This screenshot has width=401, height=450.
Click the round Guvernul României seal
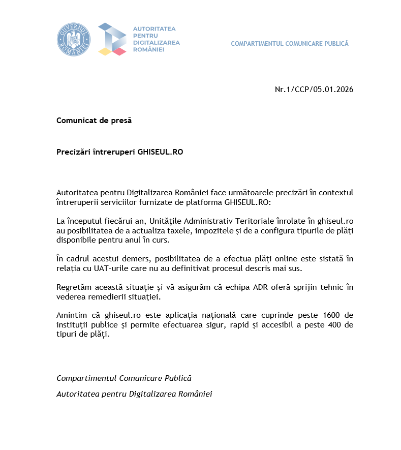(x=73, y=39)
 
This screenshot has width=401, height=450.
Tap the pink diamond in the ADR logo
(x=119, y=51)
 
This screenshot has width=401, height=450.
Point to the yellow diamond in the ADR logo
(x=105, y=51)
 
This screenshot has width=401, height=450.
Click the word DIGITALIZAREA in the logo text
(x=156, y=43)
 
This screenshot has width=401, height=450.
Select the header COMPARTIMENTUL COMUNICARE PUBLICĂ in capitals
(x=290, y=44)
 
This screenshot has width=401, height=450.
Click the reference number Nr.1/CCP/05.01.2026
(x=314, y=89)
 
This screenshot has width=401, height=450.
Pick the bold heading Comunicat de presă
(x=94, y=121)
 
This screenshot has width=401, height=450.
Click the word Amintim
(x=71, y=316)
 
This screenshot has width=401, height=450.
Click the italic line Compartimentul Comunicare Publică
(x=124, y=378)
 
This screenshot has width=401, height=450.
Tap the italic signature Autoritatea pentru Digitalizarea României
(x=134, y=394)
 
